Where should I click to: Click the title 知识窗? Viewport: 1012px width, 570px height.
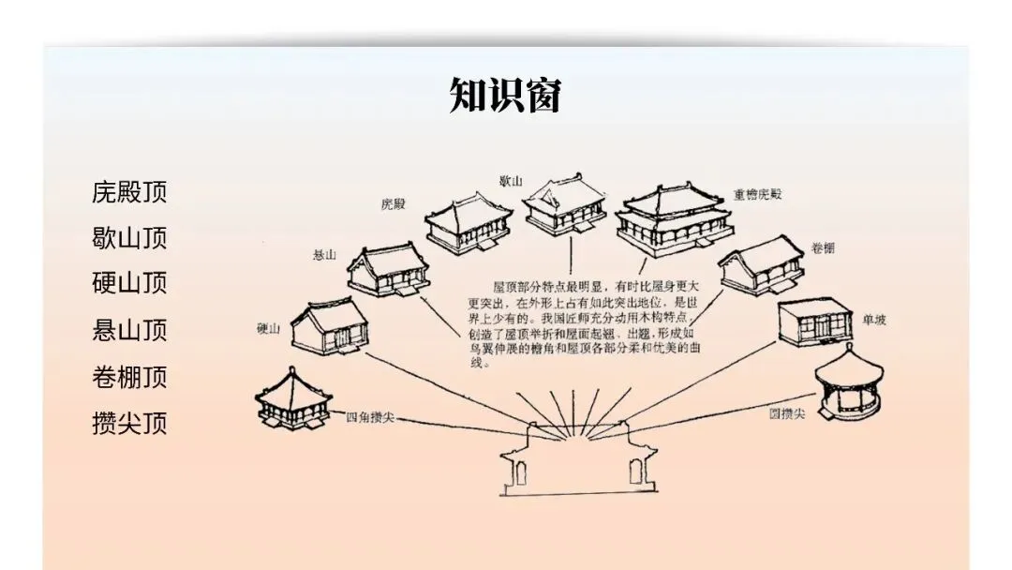click(x=505, y=95)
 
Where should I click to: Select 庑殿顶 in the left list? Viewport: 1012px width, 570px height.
click(x=129, y=193)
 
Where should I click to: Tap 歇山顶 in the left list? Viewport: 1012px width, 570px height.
click(x=129, y=238)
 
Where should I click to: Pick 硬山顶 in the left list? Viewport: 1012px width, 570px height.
click(x=129, y=283)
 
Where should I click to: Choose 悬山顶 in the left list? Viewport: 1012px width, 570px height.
click(x=129, y=330)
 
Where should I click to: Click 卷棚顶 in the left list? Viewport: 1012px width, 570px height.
click(x=129, y=378)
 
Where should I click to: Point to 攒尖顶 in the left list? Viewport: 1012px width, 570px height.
click(x=129, y=423)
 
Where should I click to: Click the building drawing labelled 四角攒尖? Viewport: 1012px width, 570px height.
click(x=293, y=402)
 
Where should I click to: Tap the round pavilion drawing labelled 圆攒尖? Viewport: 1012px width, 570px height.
click(x=850, y=382)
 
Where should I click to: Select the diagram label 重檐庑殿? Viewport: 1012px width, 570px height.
click(x=757, y=195)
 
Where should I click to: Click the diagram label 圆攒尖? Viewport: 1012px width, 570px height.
click(x=787, y=412)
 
